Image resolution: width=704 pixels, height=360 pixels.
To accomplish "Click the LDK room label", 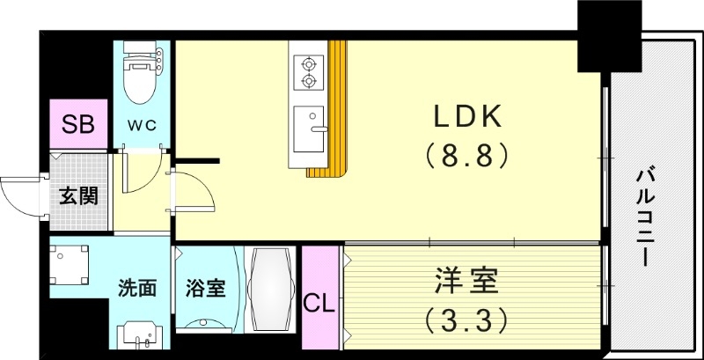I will coord(466,117).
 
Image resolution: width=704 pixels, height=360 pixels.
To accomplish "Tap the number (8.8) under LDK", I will coord(466,157).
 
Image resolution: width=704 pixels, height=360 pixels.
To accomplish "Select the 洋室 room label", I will coord(466,283).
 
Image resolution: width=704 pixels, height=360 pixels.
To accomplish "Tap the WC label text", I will coord(143,125).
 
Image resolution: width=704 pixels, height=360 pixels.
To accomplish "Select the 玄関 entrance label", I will coord(77,195).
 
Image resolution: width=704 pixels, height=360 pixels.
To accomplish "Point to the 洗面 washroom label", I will coord(138,288).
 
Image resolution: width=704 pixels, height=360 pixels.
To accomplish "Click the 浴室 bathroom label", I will coord(205,288).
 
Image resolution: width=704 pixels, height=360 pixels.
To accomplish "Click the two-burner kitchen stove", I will coord(308,72).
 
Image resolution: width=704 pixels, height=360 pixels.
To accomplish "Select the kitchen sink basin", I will coord(308,128).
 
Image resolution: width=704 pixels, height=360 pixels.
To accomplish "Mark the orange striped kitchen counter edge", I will coord(336,132).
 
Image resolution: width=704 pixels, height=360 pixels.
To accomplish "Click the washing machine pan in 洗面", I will coord(70,264).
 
